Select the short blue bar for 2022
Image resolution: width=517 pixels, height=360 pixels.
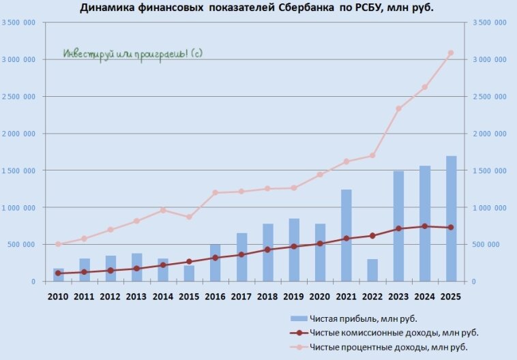(x=372, y=270)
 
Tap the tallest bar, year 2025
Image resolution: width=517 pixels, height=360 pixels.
(x=451, y=218)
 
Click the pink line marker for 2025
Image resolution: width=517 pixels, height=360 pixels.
(x=450, y=53)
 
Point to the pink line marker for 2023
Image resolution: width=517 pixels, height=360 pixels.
(x=398, y=108)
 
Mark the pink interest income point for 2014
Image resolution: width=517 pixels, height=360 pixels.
(x=163, y=210)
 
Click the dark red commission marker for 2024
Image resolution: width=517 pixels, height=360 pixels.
(x=424, y=226)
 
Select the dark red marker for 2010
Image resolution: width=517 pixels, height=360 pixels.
(x=58, y=273)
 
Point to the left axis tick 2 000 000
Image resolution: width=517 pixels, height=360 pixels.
(x=20, y=134)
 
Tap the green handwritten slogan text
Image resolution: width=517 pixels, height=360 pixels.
(x=133, y=53)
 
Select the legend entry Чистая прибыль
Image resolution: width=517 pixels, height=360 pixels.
(x=363, y=318)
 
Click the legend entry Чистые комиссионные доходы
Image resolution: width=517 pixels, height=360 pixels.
(x=394, y=333)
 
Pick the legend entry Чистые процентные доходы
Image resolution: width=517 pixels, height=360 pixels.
(x=389, y=348)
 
